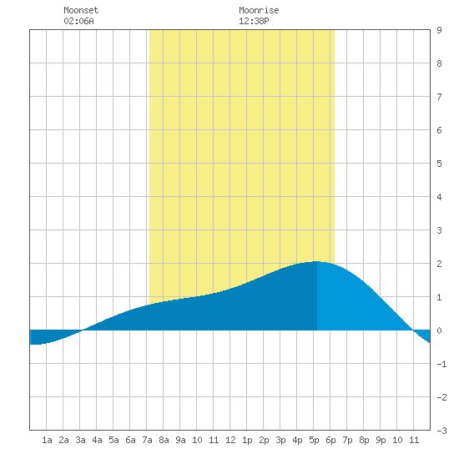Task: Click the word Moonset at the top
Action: (x=81, y=10)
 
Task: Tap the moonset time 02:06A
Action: (x=78, y=21)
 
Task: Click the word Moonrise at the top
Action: (x=259, y=10)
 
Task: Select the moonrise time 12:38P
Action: (x=254, y=21)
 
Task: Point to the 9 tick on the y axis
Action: (x=439, y=30)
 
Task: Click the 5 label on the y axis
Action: (x=439, y=164)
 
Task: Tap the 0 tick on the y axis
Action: (x=439, y=330)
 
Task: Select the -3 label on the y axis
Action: (x=441, y=431)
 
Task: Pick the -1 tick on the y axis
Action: (x=441, y=364)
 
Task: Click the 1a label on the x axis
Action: (x=47, y=440)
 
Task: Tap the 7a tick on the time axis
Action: (x=147, y=440)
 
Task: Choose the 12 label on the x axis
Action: (x=230, y=440)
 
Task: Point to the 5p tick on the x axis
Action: (x=314, y=440)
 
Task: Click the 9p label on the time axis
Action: (x=381, y=440)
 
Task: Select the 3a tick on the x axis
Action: (x=80, y=440)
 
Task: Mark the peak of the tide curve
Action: (x=315, y=261)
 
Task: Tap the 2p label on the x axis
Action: (x=264, y=440)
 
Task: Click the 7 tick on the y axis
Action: (x=439, y=97)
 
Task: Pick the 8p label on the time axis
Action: (x=364, y=440)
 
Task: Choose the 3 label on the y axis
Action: (x=439, y=230)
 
